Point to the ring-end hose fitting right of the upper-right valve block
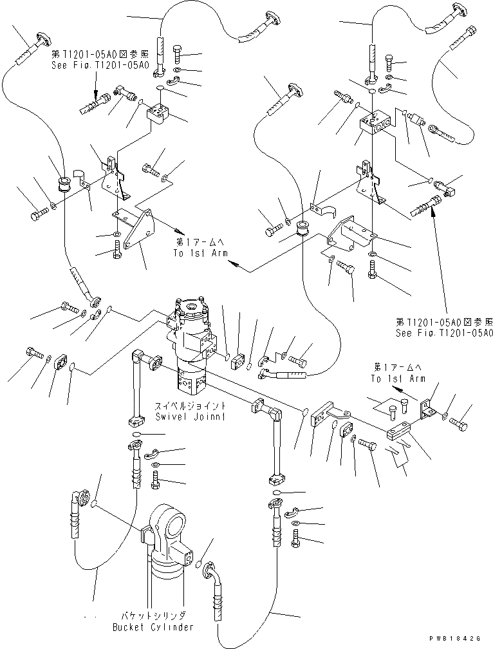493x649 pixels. [444, 132]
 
